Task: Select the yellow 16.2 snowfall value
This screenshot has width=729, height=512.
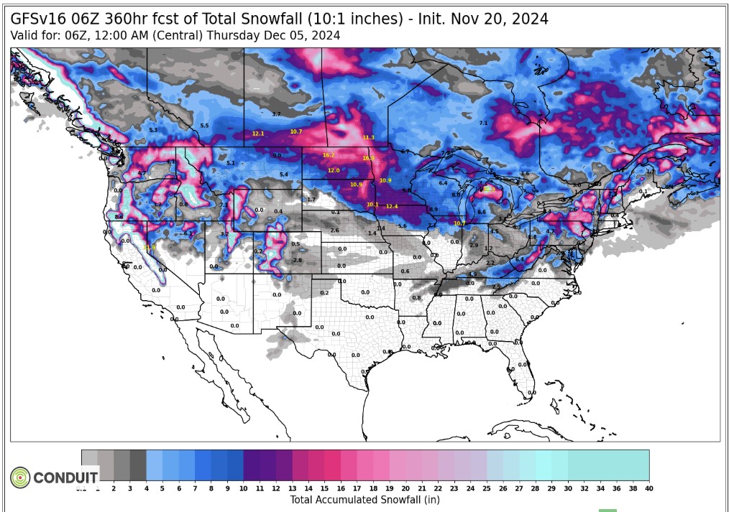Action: (x=329, y=155)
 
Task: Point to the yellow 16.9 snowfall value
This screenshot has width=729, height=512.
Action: (x=368, y=158)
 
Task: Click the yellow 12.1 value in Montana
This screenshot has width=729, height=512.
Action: (x=258, y=134)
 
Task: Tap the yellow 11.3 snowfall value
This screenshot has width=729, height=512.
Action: (x=368, y=138)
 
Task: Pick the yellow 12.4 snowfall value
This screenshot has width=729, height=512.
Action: (x=391, y=207)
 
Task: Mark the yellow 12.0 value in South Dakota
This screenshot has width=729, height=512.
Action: (x=334, y=170)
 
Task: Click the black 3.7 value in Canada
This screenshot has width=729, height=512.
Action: (x=276, y=114)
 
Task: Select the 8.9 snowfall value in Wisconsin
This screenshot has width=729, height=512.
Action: (x=433, y=209)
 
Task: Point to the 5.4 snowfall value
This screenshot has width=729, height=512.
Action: (x=283, y=174)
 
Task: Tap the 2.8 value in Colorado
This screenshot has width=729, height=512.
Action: (x=298, y=260)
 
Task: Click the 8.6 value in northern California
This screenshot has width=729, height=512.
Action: (x=119, y=216)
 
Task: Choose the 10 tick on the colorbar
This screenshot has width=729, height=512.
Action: (x=244, y=488)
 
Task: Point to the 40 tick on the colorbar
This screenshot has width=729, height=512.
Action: (x=649, y=488)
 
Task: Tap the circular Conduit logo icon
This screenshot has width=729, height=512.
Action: (x=20, y=477)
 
